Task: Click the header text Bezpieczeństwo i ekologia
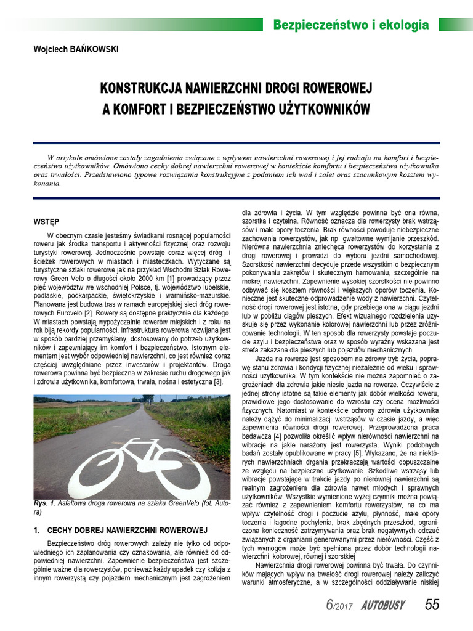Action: click(350, 25)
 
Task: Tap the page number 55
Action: click(432, 605)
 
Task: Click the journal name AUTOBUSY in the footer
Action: click(382, 606)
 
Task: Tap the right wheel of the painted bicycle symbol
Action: click(179, 472)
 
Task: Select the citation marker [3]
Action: click(217, 383)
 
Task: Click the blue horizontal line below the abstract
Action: click(236, 198)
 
